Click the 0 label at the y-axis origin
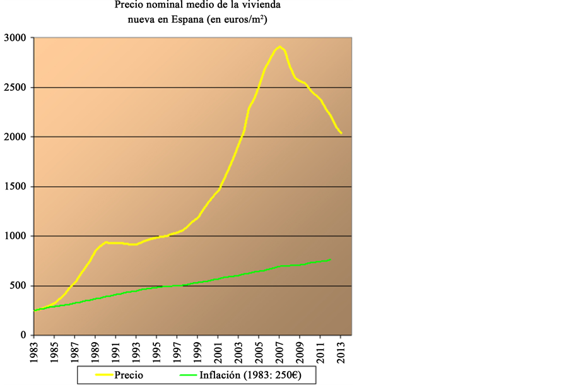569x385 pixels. (22, 335)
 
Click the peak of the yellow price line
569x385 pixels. (279, 46)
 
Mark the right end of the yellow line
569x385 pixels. (341, 133)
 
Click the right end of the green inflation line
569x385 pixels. (331, 259)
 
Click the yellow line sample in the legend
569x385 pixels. (98, 375)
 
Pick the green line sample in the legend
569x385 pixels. (182, 375)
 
